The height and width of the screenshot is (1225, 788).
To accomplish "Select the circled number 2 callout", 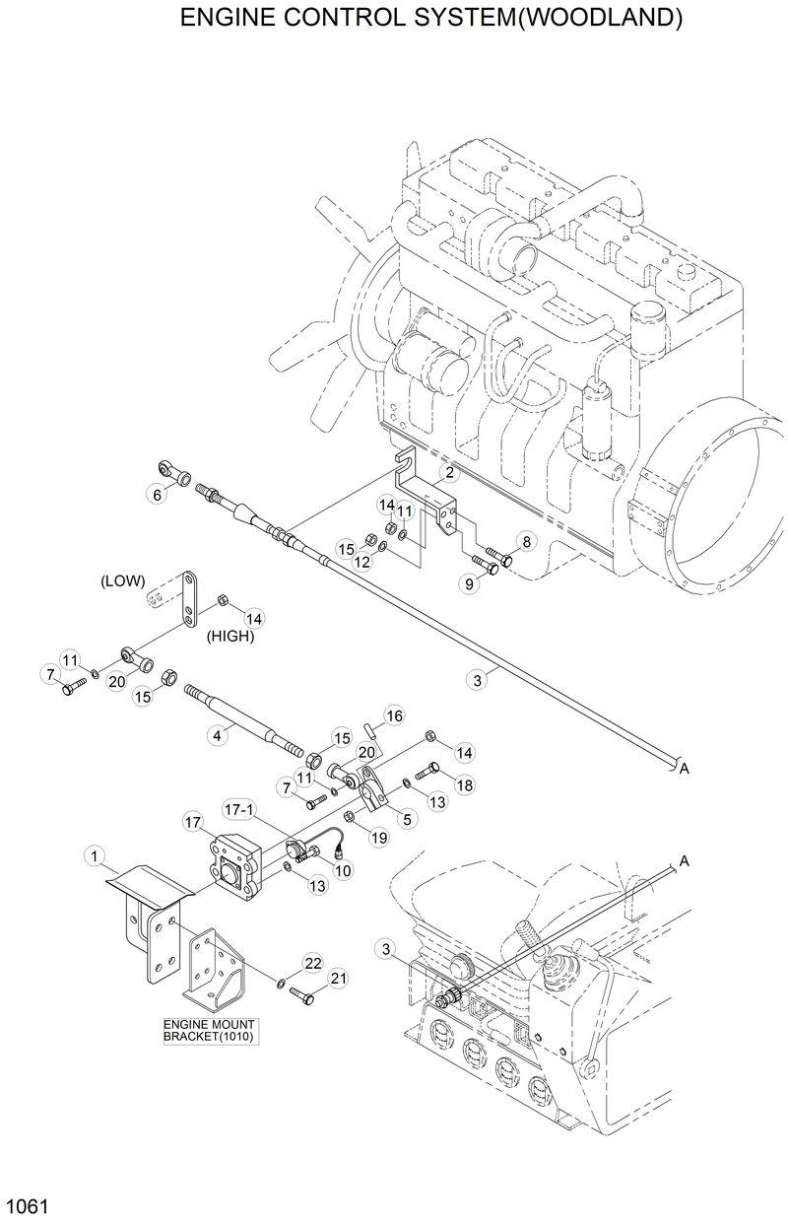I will click(449, 474).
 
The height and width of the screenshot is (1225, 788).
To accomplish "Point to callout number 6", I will click(156, 495).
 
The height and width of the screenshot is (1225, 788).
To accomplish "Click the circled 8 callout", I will click(526, 541).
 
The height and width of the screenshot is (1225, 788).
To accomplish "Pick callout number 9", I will click(470, 584).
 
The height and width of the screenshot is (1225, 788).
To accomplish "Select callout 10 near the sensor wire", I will click(343, 869).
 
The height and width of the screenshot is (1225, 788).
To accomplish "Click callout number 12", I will click(362, 561).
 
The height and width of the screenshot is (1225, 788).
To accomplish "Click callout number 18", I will click(464, 784).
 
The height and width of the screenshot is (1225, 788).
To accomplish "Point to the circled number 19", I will click(379, 836).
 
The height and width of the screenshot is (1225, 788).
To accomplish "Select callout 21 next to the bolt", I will click(338, 978).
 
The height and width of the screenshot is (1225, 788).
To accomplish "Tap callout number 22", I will click(313, 962).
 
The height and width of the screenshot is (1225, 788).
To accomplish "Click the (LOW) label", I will click(123, 581).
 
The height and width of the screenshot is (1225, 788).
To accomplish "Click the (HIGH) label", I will click(230, 637).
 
